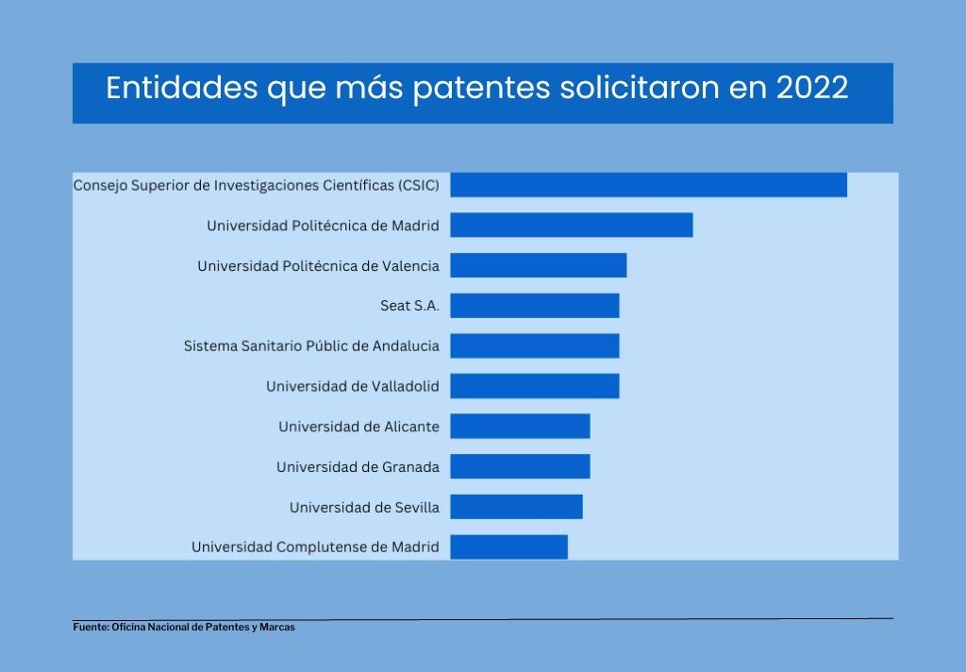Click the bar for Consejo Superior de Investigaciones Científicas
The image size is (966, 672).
pyautogui.click(x=648, y=185)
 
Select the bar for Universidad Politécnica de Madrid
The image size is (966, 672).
pyautogui.click(x=571, y=226)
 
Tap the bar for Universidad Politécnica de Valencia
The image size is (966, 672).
pyautogui.click(x=538, y=265)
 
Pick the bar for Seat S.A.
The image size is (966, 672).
pyautogui.click(x=534, y=306)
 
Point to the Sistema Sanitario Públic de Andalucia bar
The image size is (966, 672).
pyautogui.click(x=534, y=345)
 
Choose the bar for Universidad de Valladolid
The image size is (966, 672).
pyautogui.click(x=534, y=386)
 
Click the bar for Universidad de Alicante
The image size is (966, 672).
pyautogui.click(x=520, y=427)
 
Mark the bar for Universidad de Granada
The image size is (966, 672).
pyautogui.click(x=520, y=466)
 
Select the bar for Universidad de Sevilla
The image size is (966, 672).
pyautogui.click(x=516, y=507)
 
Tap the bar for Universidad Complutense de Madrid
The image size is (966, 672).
pyautogui.click(x=508, y=546)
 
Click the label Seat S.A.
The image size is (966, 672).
pyautogui.click(x=409, y=306)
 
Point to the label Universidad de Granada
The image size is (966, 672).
pyautogui.click(x=358, y=467)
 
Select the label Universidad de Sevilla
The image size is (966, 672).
pyautogui.click(x=364, y=508)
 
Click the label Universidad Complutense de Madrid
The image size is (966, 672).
pyautogui.click(x=315, y=547)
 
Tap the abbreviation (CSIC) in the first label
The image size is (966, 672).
pyautogui.click(x=419, y=185)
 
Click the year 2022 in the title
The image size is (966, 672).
pyautogui.click(x=812, y=89)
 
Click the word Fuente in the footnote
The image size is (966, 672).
pyautogui.click(x=91, y=628)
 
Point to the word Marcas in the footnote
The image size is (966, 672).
pyautogui.click(x=279, y=628)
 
